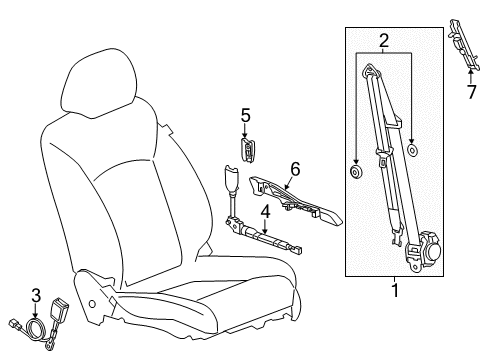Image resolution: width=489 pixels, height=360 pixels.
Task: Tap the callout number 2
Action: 384,41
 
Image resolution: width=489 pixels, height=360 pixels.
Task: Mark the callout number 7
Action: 470,95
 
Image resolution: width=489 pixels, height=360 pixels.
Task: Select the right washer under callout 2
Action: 413,151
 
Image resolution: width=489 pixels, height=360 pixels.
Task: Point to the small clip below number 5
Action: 248,148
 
